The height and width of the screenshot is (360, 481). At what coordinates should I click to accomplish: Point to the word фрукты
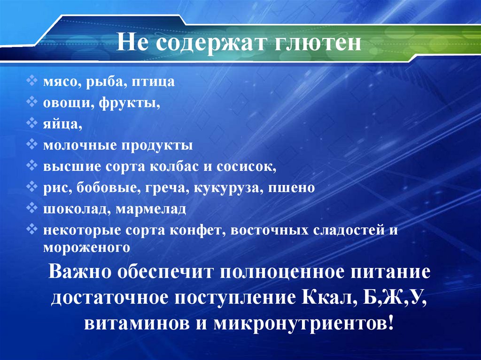click(129, 103)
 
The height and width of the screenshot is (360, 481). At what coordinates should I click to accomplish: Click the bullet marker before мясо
click(31, 81)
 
